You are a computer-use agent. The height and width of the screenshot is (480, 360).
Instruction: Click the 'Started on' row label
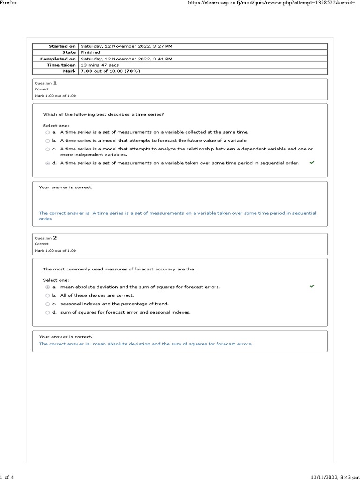[x=62, y=46]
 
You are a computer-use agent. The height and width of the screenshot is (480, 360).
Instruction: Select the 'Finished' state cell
[x=90, y=52]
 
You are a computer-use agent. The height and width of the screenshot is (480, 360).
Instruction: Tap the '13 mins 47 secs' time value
[x=100, y=65]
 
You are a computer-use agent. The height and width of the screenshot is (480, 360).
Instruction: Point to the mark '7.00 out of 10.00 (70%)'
[x=110, y=71]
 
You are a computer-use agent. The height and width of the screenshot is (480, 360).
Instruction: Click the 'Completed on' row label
[x=58, y=59]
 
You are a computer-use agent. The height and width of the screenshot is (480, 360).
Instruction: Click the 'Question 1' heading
[x=46, y=83]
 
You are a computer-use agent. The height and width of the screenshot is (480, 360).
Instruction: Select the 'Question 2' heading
[x=46, y=238]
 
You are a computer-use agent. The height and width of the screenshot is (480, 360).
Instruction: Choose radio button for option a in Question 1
[x=47, y=133]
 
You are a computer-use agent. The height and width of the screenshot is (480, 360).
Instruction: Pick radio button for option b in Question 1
[x=47, y=141]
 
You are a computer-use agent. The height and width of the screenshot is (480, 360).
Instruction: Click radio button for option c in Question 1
[x=47, y=149]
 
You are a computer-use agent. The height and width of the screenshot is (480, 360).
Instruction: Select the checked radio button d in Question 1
[x=47, y=163]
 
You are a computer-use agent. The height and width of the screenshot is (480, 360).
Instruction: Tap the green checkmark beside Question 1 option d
[x=312, y=162]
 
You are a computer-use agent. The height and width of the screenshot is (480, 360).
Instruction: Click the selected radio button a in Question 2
[x=47, y=287]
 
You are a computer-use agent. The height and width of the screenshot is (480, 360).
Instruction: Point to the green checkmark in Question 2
[x=312, y=286]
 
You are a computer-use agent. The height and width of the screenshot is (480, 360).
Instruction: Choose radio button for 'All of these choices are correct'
[x=47, y=296]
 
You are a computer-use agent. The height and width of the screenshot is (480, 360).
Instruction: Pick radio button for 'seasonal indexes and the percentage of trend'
[x=47, y=304]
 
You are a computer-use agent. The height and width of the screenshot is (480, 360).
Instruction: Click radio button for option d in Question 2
[x=47, y=312]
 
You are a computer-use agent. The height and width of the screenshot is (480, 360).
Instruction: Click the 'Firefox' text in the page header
[x=9, y=3]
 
